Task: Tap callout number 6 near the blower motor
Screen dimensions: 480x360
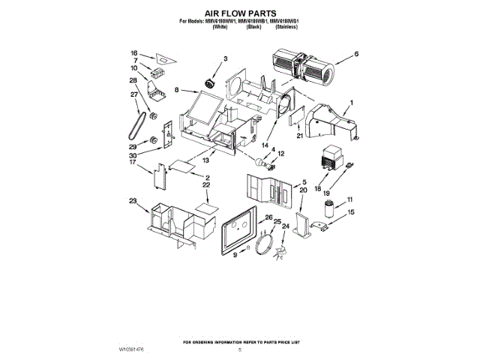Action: pos(356,53)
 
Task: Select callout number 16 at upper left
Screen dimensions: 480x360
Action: pos(134,53)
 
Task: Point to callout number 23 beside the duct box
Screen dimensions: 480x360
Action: pos(133,200)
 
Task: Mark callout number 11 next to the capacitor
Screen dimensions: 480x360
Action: pos(349,199)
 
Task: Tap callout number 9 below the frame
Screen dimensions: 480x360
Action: pos(234,255)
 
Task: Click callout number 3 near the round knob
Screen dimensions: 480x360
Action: pos(224,58)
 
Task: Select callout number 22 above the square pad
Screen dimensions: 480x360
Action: pos(205,184)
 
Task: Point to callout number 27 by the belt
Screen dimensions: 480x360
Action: pos(135,94)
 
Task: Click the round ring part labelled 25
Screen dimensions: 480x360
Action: pos(263,244)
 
